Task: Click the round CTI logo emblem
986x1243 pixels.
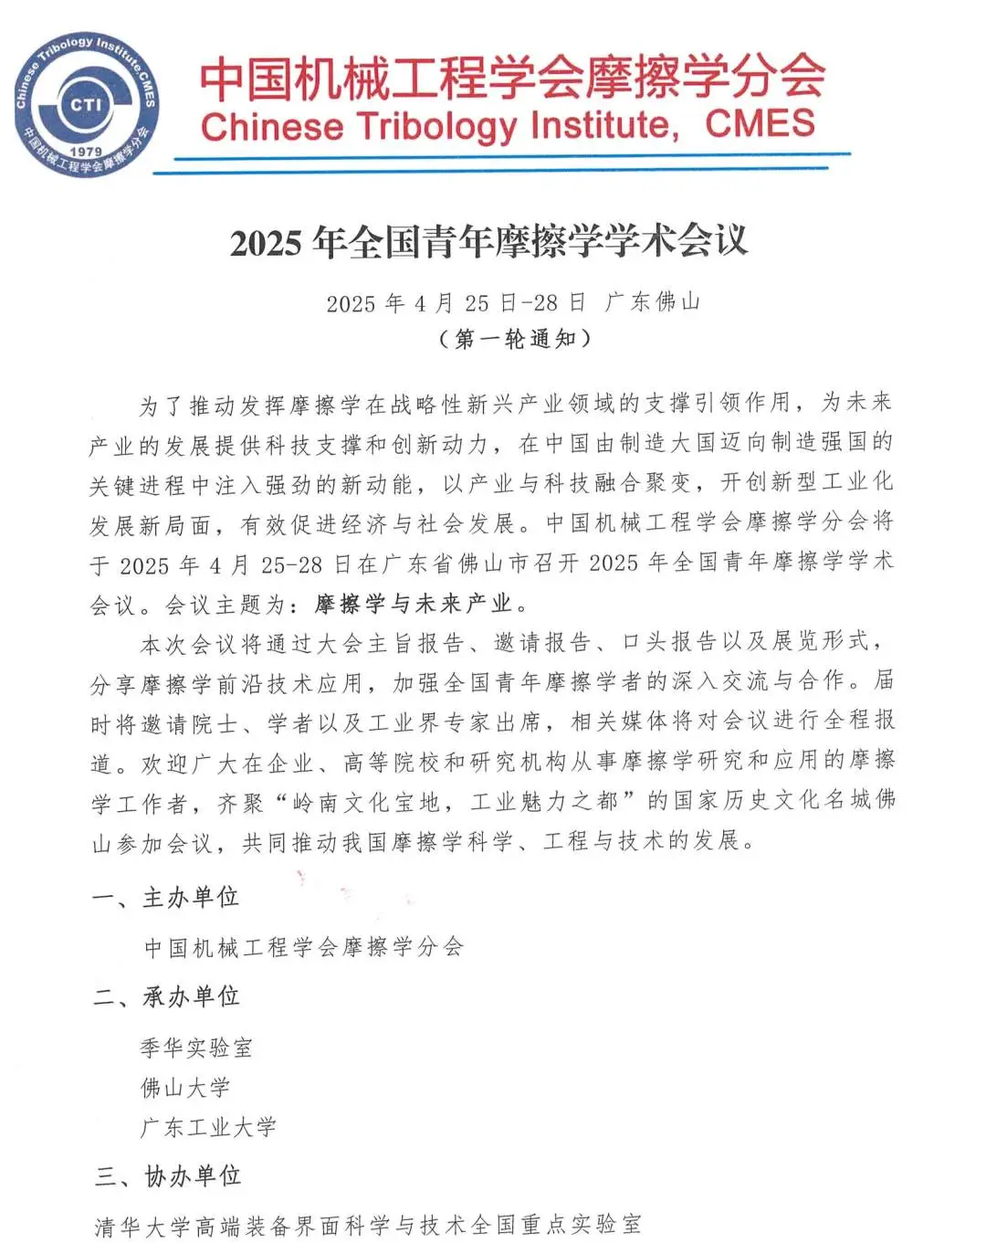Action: click(86, 105)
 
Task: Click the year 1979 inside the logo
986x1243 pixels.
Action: click(86, 151)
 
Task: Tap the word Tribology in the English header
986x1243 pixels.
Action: click(438, 126)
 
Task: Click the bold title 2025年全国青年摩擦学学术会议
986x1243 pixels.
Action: click(488, 242)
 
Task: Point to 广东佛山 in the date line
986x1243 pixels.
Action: click(652, 301)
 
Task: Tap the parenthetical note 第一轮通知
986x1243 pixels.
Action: click(515, 339)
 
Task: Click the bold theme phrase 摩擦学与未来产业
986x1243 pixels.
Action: click(413, 604)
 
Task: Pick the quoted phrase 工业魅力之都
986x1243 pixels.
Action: click(544, 803)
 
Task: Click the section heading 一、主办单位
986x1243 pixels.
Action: click(165, 898)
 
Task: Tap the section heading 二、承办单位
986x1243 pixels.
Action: click(166, 996)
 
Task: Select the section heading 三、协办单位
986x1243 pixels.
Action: click(167, 1176)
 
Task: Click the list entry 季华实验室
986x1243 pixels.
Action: click(196, 1048)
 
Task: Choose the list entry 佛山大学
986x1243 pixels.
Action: click(184, 1088)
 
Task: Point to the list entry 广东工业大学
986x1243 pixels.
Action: click(208, 1128)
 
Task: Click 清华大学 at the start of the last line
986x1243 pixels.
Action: click(142, 1226)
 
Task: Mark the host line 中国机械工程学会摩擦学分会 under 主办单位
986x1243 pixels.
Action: click(304, 947)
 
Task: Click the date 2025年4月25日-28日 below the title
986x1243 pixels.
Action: click(456, 302)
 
